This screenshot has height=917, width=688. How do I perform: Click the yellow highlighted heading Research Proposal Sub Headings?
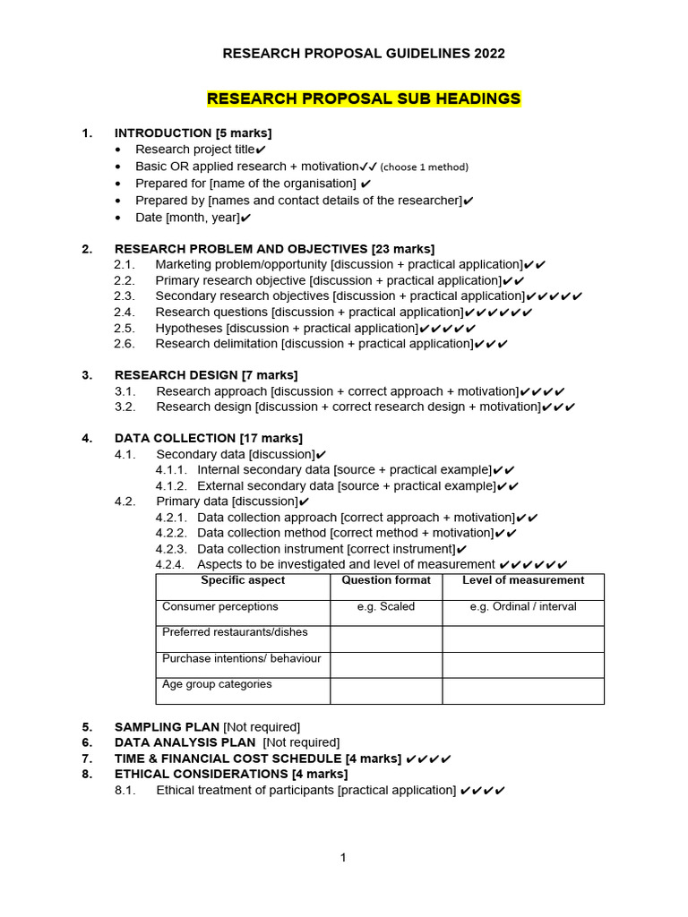(x=364, y=99)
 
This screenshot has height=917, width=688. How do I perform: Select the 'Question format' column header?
(x=386, y=580)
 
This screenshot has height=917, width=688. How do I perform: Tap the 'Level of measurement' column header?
(x=523, y=580)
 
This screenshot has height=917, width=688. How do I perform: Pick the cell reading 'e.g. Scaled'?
(x=386, y=607)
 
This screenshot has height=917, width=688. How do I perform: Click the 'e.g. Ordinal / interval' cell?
(x=523, y=607)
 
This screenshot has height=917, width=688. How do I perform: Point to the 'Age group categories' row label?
(x=217, y=684)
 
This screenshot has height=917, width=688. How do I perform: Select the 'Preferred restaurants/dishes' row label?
(x=235, y=632)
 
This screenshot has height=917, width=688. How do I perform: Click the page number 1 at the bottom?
(x=343, y=858)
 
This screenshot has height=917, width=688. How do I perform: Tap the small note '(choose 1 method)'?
(x=425, y=167)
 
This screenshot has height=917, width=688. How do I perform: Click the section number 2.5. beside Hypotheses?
(x=125, y=329)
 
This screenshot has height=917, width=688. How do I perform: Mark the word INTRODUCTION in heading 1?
(x=163, y=133)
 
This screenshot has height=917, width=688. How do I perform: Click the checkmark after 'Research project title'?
(x=260, y=150)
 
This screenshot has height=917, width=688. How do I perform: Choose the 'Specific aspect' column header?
(x=243, y=580)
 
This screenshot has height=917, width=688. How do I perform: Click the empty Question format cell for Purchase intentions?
(x=386, y=664)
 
